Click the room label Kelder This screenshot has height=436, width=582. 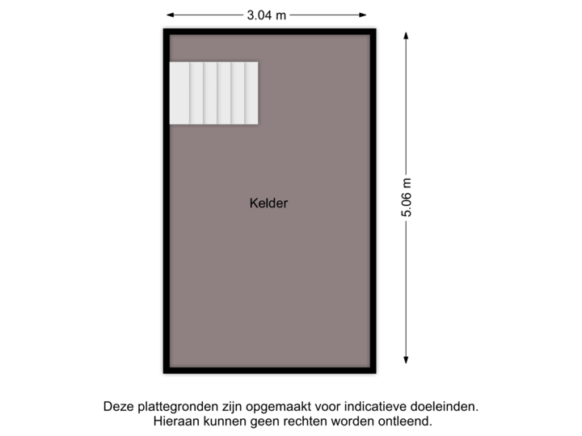click(x=268, y=203)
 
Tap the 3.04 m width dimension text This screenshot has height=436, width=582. click(x=268, y=14)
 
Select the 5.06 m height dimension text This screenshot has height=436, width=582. click(x=406, y=198)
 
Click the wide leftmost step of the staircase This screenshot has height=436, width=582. click(x=179, y=93)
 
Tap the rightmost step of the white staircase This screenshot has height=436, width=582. click(x=251, y=93)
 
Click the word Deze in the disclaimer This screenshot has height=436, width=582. click(x=118, y=406)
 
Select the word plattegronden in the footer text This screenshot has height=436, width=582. click(x=175, y=406)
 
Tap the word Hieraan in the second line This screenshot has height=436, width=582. click(x=175, y=421)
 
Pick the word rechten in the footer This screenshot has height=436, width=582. click(x=303, y=421)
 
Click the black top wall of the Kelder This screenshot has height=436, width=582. click(x=269, y=30)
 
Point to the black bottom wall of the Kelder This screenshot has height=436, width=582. click(x=269, y=371)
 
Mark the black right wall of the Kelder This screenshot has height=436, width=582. click(x=374, y=202)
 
